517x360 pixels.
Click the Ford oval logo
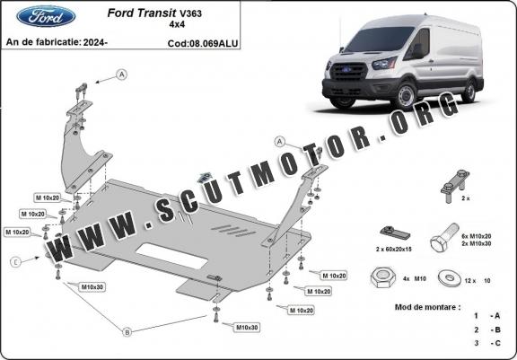pos(46,16)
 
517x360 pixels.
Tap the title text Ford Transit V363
pos(154,13)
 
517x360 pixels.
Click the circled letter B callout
pos(127,332)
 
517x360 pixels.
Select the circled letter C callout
pos(15,262)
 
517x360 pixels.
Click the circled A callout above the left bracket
pos(122,75)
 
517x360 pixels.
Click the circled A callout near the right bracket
pos(280,142)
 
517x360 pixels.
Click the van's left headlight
pos(385,64)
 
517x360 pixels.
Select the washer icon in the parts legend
pos(449,278)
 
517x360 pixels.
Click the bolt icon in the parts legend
pos(444,238)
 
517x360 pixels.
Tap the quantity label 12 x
pos(469,281)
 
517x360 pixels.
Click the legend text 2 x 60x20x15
pos(394,250)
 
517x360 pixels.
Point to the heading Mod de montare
pos(427,307)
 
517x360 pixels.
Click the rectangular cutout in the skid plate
pos(171,256)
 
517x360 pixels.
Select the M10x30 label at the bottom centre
pos(247,328)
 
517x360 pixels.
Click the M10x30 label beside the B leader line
pos(93,287)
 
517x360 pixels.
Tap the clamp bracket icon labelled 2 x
pos(455,186)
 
